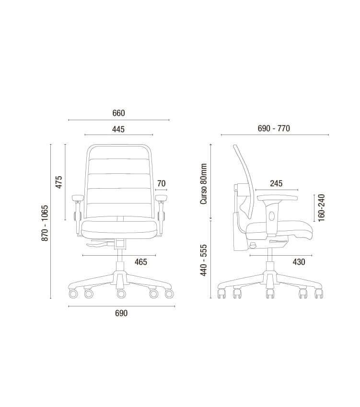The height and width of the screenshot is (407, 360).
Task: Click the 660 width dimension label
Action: (x=118, y=113)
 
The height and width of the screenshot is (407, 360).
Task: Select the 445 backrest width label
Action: (x=118, y=129)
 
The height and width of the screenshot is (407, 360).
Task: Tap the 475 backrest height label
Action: (x=59, y=182)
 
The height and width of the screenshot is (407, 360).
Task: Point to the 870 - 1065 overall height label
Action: (x=45, y=223)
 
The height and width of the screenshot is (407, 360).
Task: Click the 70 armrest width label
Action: (x=161, y=183)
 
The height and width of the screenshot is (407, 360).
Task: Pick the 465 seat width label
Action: (x=141, y=262)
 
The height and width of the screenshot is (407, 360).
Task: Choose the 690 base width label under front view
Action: (x=121, y=313)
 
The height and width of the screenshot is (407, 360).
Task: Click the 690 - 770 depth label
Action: (x=274, y=128)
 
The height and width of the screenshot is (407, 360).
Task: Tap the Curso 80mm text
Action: (x=204, y=184)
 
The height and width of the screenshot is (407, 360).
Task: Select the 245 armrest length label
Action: (x=276, y=183)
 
